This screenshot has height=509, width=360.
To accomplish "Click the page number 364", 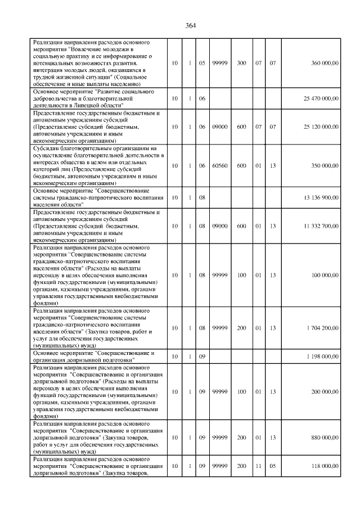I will point(190,25).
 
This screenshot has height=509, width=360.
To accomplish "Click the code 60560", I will point(219,166).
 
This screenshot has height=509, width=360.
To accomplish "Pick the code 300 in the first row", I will point(241,63).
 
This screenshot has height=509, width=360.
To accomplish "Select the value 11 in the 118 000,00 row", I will point(259,466).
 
